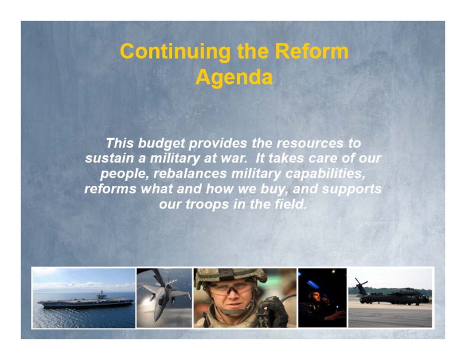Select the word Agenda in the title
pyautogui.click(x=234, y=77)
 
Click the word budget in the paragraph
pyautogui.click(x=161, y=143)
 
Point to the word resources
pyautogui.click(x=310, y=143)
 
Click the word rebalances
pyautogui.click(x=190, y=174)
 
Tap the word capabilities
pyautogui.click(x=325, y=174)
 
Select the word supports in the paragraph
pyautogui.click(x=352, y=189)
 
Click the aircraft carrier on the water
pyautogui.click(x=86, y=301)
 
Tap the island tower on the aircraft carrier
pyautogui.click(x=101, y=295)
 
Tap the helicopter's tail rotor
pyautogui.click(x=361, y=284)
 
